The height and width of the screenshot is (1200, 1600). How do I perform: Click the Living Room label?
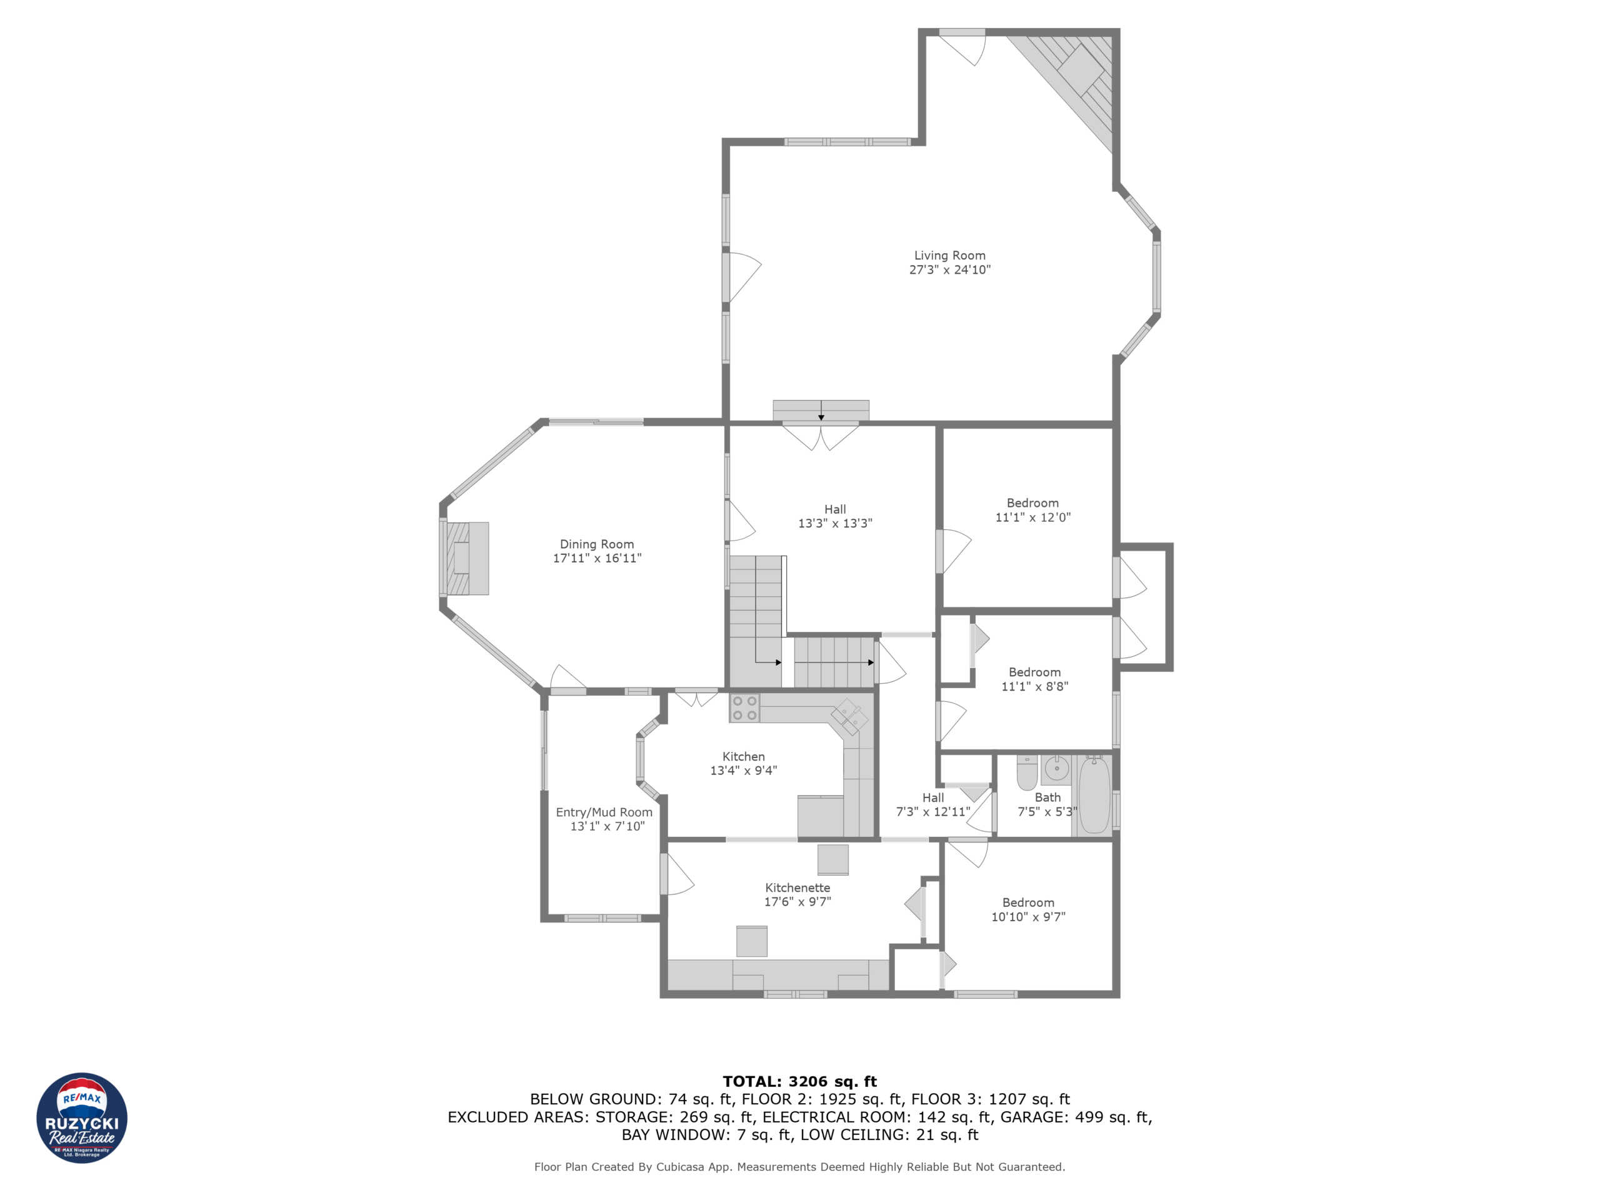tap(949, 256)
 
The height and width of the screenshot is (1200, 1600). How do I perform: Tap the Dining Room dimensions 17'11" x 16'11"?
tap(597, 557)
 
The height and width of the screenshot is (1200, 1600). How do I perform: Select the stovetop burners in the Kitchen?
tap(744, 708)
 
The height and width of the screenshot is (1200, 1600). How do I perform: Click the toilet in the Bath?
tap(1026, 772)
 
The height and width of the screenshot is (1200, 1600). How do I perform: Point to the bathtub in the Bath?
tap(1094, 796)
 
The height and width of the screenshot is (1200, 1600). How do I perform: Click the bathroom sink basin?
tap(1056, 768)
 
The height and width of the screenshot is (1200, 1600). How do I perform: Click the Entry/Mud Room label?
tap(603, 812)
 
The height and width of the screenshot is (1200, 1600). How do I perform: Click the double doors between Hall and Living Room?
tap(820, 436)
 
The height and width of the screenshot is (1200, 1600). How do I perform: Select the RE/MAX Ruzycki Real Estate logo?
tap(82, 1117)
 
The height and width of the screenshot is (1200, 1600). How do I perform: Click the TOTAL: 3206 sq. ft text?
tap(799, 1081)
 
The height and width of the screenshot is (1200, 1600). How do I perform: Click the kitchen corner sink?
tap(849, 717)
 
